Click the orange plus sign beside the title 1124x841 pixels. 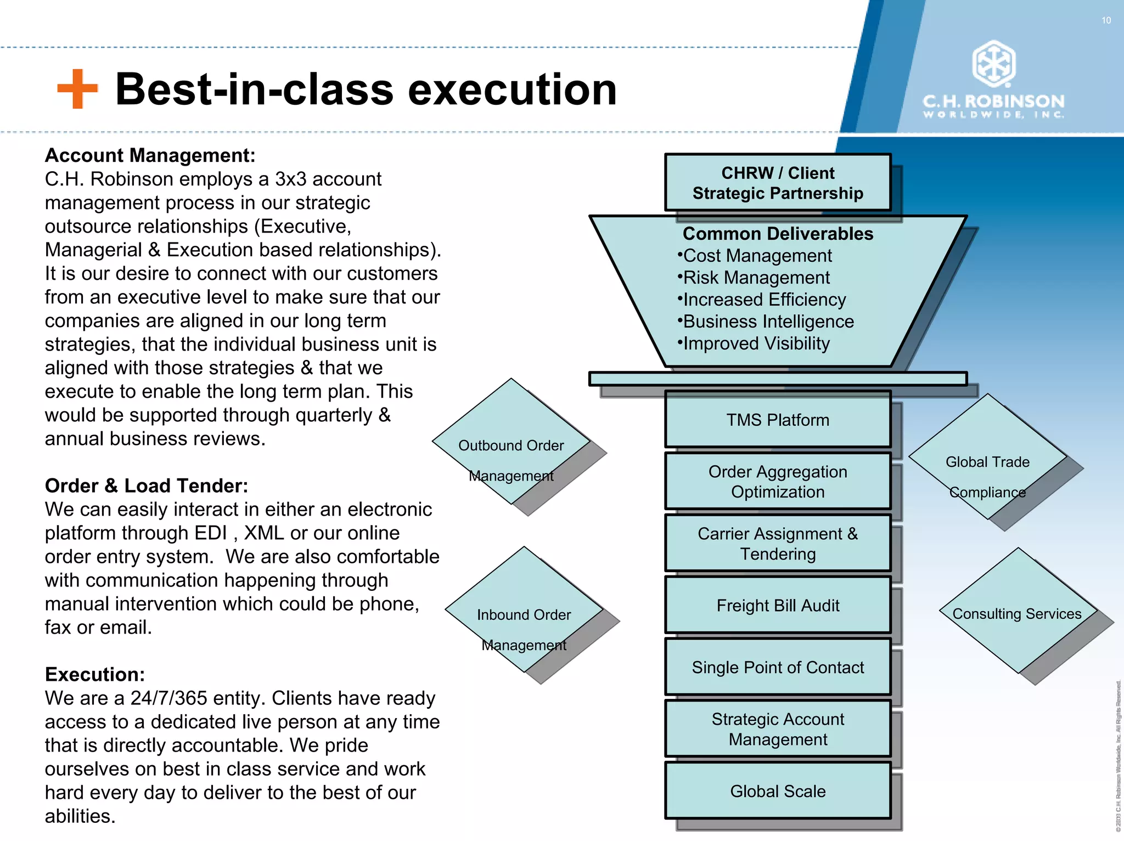click(x=77, y=89)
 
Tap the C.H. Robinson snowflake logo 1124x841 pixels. click(x=993, y=63)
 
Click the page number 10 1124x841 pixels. click(x=1106, y=20)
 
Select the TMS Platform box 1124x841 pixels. click(x=778, y=420)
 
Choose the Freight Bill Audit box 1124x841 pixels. click(x=778, y=605)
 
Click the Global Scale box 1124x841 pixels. click(x=778, y=791)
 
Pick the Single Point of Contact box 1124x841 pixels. click(x=778, y=667)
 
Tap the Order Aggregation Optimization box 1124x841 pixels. click(x=778, y=482)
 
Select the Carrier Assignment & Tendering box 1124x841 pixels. click(x=778, y=543)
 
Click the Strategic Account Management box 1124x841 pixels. click(x=778, y=729)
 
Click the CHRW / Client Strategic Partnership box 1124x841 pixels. click(x=778, y=183)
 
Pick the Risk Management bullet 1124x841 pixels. click(x=756, y=278)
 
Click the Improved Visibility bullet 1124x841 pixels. click(x=756, y=343)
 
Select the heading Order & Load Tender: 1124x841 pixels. click(x=147, y=486)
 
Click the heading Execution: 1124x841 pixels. click(x=95, y=674)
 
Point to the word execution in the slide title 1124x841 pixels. click(x=513, y=89)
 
